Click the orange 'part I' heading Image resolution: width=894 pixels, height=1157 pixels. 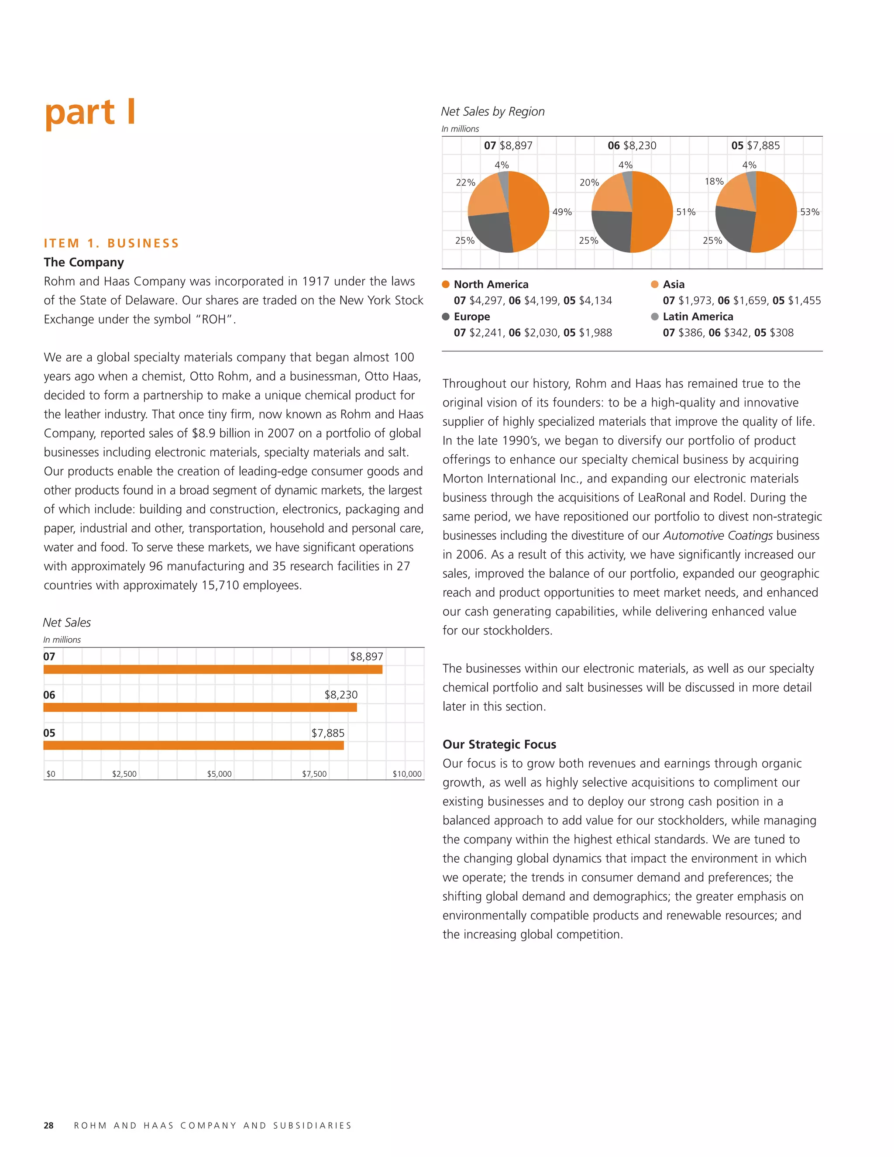[90, 112]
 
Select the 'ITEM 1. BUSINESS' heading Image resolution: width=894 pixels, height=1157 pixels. [111, 243]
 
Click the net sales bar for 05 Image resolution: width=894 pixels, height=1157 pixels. [193, 745]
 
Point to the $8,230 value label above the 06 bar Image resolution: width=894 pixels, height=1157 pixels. [340, 695]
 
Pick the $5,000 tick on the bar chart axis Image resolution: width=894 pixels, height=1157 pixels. [219, 774]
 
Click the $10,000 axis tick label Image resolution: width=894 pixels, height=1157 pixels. [407, 774]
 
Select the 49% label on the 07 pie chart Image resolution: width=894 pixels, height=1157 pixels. [562, 212]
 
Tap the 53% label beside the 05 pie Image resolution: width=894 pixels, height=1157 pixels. [809, 212]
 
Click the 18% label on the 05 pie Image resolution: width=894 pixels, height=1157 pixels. [714, 181]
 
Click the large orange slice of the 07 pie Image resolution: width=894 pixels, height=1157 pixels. [530, 212]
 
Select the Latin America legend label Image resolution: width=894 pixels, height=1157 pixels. [698, 316]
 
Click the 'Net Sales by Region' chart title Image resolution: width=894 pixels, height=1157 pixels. [492, 111]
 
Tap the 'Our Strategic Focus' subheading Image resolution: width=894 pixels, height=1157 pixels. [499, 744]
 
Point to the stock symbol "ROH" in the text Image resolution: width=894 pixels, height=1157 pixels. [213, 320]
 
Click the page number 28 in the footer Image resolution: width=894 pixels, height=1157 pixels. [48, 1125]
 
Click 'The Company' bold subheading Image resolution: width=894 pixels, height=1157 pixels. [84, 262]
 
